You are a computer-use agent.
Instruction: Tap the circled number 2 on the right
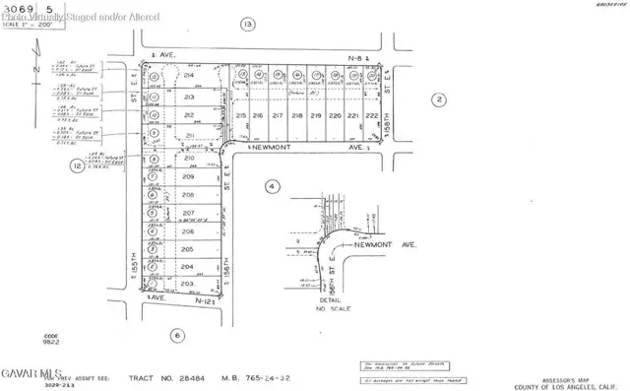439,98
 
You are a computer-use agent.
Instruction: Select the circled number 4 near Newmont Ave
271,185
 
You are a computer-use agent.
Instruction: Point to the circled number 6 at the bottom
176,334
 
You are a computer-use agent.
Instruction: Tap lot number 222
371,116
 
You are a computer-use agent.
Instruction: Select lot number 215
241,116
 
